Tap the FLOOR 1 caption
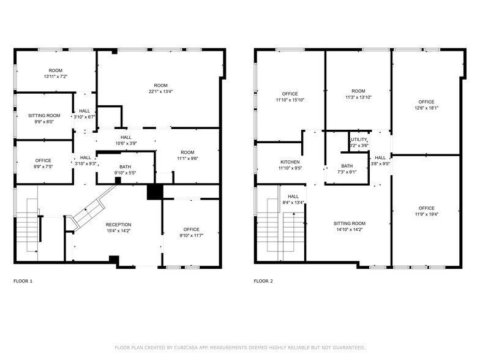click(x=23, y=281)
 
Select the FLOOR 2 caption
click(x=264, y=281)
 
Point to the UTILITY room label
click(x=359, y=140)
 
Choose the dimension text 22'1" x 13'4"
click(x=160, y=92)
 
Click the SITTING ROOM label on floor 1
click(x=44, y=115)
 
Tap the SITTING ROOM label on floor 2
click(x=350, y=223)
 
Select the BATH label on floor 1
click(x=125, y=167)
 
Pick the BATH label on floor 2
click(x=347, y=166)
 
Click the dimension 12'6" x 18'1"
click(x=426, y=108)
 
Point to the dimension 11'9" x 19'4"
click(x=426, y=214)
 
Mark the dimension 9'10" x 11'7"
click(x=191, y=236)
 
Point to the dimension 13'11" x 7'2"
click(x=54, y=77)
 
